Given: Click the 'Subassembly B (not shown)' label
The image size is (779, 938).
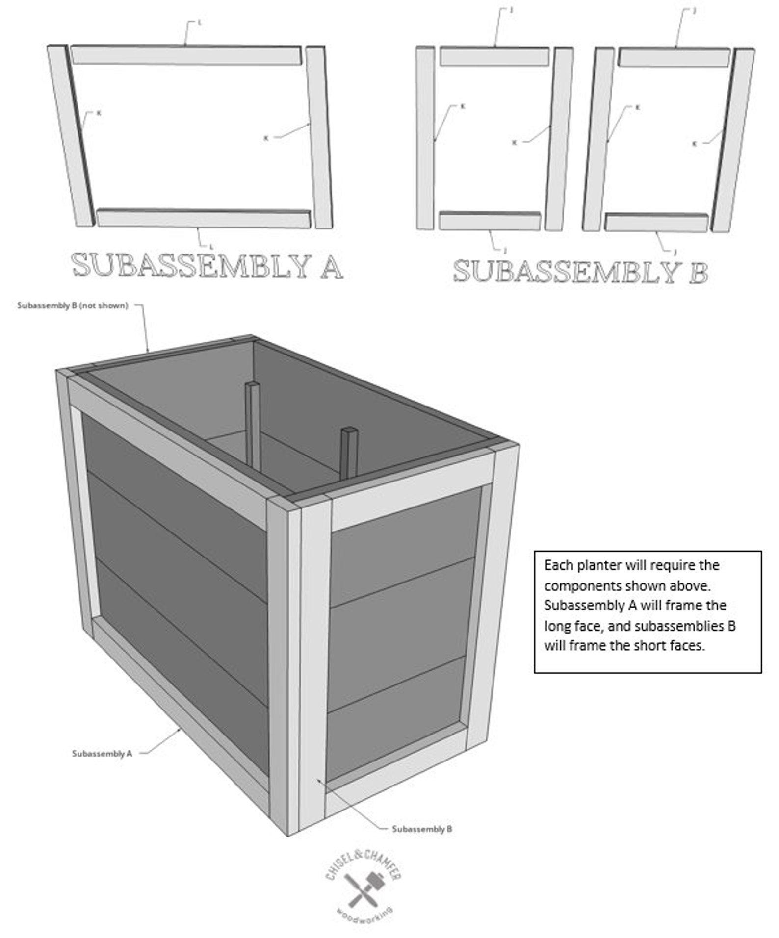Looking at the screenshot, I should (72, 305).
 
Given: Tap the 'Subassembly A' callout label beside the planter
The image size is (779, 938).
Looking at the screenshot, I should (102, 753).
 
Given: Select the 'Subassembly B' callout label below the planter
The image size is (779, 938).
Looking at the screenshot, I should (422, 829).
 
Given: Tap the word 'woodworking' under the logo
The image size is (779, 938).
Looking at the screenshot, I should (365, 915).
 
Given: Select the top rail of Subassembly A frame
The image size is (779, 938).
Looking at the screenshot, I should (185, 55).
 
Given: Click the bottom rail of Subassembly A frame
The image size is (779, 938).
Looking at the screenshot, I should (203, 218).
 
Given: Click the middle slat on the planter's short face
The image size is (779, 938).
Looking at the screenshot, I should (397, 633).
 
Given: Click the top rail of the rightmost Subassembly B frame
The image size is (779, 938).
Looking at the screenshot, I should (674, 57).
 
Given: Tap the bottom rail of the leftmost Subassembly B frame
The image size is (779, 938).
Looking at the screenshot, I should (489, 221).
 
